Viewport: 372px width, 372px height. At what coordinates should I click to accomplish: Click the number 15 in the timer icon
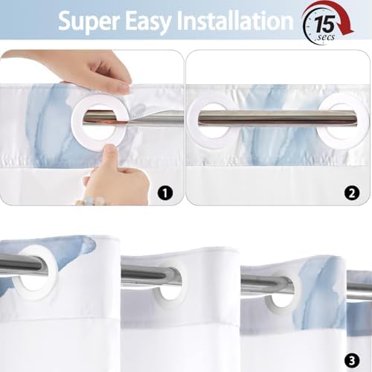[x=325, y=24]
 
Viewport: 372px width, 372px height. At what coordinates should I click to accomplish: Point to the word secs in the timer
[x=326, y=37]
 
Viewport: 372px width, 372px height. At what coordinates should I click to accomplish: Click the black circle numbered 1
[x=165, y=193]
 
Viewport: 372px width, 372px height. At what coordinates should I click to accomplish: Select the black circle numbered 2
[x=352, y=193]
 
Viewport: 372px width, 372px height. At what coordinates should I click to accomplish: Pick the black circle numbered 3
[x=352, y=361]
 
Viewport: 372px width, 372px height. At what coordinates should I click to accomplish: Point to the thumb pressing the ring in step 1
[x=109, y=155]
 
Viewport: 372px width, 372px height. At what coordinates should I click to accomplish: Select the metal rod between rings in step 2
[x=278, y=118]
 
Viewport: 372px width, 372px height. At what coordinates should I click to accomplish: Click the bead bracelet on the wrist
[x=90, y=201]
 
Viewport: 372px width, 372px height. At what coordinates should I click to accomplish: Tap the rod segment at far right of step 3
[x=359, y=285]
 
